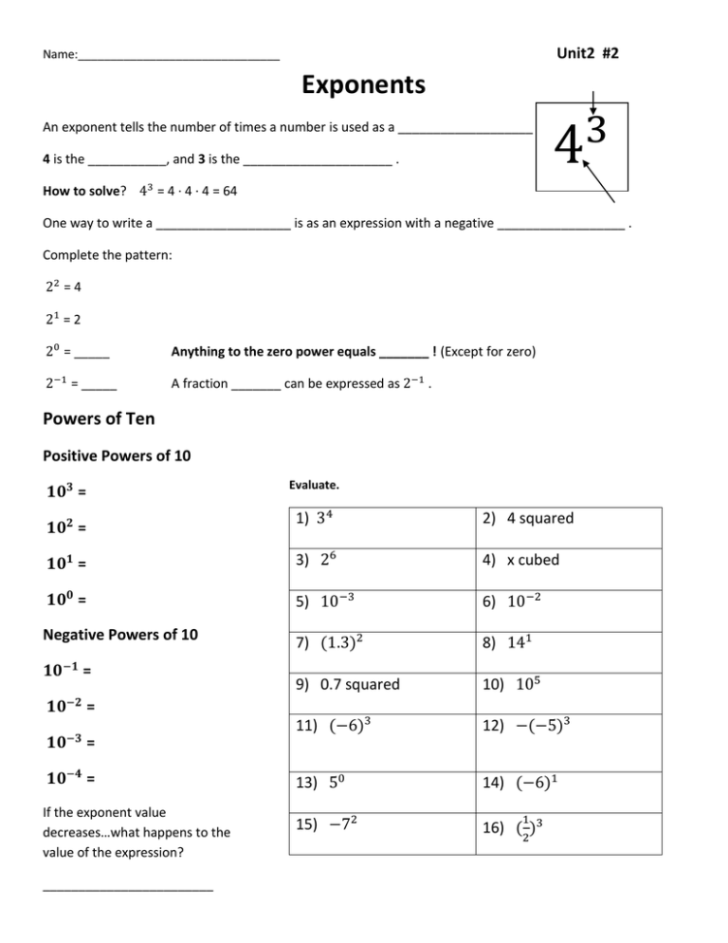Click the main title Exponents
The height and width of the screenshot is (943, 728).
coord(363,86)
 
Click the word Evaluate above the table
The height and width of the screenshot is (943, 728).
coord(314,484)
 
